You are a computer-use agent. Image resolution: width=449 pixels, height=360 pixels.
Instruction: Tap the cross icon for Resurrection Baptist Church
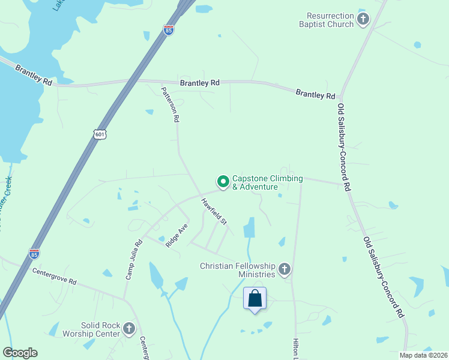point(363,20)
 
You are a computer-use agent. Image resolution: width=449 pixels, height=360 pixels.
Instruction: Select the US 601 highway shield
point(100,134)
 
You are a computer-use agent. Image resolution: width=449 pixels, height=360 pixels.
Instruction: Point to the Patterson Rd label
point(170,104)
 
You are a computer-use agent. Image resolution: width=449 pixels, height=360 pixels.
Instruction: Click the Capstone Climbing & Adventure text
point(267,182)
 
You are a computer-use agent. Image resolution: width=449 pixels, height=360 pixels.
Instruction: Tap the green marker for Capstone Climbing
point(223,181)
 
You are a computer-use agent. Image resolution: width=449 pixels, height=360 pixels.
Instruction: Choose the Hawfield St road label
point(214,212)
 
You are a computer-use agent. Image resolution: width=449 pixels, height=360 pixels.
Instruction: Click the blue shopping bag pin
point(255,298)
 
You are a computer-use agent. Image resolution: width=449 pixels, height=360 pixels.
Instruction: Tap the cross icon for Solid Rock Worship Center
point(128,328)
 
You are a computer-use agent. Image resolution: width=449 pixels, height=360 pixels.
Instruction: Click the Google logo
point(20,353)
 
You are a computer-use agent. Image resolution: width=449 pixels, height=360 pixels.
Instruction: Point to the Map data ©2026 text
point(423,355)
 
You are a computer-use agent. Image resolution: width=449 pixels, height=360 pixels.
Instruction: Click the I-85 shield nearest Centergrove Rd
point(34,254)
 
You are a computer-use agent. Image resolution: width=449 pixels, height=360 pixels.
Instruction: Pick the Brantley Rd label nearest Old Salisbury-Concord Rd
point(315,94)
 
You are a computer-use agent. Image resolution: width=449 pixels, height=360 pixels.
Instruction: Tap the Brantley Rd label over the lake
point(34,74)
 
